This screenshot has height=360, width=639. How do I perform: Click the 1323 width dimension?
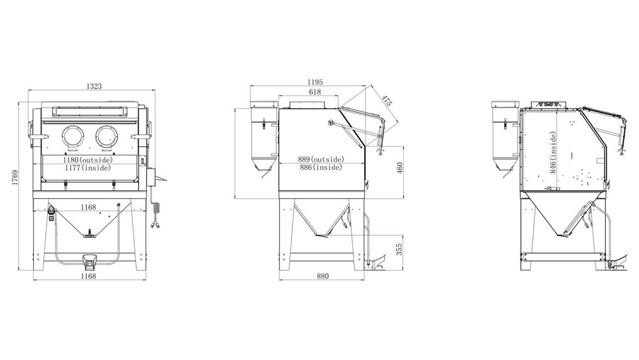tap(94, 86)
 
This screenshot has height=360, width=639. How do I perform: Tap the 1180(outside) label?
tap(87, 160)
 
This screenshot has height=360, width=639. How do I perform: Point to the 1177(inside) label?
tap(88, 168)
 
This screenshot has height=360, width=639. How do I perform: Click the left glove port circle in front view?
tap(73, 136)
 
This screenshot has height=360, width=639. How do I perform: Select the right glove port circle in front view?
tap(107, 136)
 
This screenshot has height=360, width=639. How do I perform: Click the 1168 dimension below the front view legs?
tap(88, 276)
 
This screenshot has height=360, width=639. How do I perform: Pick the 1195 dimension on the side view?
tap(314, 82)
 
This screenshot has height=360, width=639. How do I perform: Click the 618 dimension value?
tap(314, 92)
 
